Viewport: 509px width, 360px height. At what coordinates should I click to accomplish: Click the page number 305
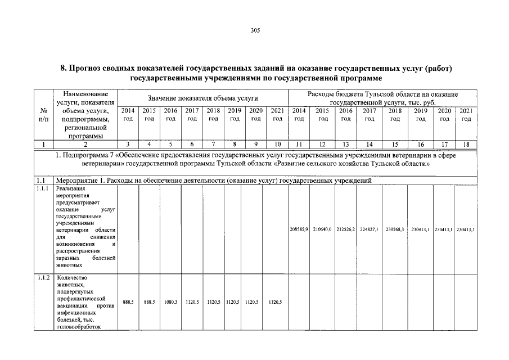tap(255, 30)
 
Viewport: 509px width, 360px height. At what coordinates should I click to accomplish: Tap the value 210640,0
tap(323, 229)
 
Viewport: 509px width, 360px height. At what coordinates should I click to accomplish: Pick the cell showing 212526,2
tap(346, 229)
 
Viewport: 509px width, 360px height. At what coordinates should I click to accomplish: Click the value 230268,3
tap(395, 229)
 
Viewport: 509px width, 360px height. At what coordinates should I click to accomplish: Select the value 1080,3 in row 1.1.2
tap(170, 302)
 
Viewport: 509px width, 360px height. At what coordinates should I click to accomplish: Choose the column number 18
tap(466, 145)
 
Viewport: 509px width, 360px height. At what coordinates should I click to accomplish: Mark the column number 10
tap(277, 145)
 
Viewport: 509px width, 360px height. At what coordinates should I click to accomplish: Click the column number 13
tap(346, 145)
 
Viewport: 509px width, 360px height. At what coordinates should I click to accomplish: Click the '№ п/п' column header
tap(44, 115)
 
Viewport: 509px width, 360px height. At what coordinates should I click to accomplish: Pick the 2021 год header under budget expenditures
tap(466, 115)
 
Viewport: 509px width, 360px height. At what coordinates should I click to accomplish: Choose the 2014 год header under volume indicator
tap(128, 115)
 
